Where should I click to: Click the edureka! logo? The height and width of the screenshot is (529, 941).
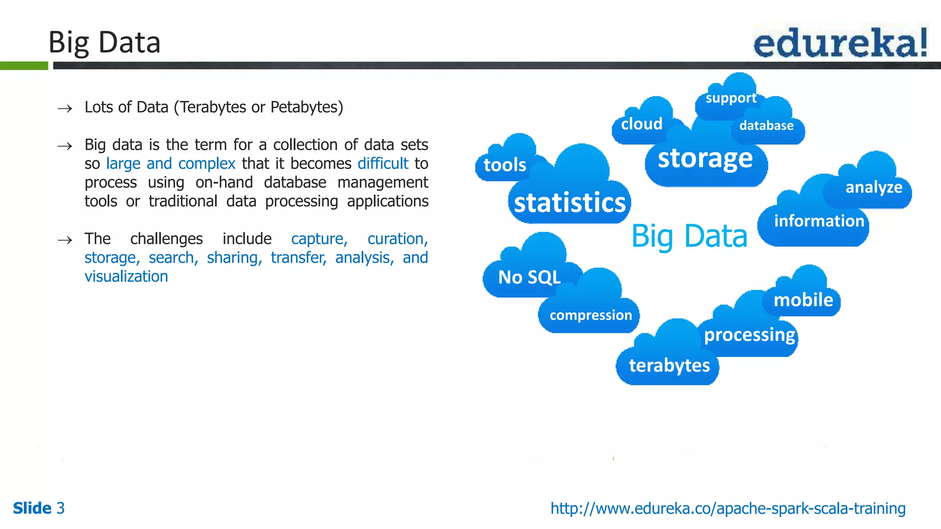coord(840,43)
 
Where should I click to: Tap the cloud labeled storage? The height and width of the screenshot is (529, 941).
coord(705,159)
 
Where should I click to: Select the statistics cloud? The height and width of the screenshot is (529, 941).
coord(570,203)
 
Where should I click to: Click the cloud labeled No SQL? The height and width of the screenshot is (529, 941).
coord(529,277)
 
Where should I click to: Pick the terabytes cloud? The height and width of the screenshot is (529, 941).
coord(669,366)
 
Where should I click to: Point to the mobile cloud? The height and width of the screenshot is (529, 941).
coord(803,300)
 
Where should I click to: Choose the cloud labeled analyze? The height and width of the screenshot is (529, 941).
coord(873,187)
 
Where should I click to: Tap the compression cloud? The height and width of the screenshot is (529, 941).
coord(590,315)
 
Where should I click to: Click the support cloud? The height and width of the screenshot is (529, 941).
coord(731,98)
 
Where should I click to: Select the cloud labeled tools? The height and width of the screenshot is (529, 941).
coord(505,165)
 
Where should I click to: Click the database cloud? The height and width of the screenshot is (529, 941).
coord(766,126)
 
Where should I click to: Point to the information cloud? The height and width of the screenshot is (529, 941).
coord(819,221)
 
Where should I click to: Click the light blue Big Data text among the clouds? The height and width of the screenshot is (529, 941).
coord(689,236)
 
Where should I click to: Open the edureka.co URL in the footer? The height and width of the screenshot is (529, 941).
coord(728,508)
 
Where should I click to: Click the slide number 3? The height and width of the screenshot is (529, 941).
coord(61,508)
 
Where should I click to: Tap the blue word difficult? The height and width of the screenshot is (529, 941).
coord(383,163)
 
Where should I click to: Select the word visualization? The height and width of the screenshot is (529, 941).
coord(126,276)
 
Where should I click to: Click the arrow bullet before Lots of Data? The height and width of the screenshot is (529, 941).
coord(65,108)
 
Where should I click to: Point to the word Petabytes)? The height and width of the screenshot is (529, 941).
coord(306,107)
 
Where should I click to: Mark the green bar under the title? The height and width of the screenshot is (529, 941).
coord(24,66)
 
